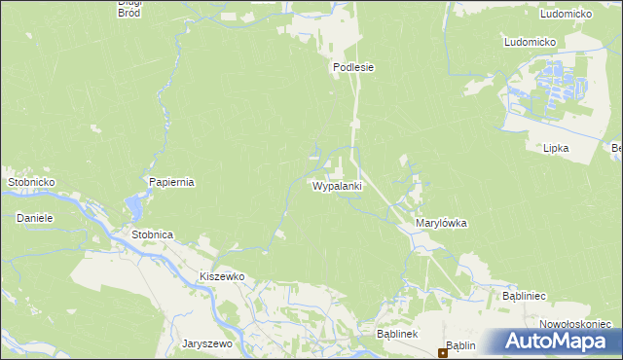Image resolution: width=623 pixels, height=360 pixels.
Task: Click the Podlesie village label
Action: pyautogui.click(x=353, y=67)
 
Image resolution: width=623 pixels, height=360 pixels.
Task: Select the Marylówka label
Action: pyautogui.click(x=441, y=223)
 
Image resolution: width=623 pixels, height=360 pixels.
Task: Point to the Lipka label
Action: pyautogui.click(x=556, y=148)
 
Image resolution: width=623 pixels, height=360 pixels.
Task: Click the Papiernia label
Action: pyautogui.click(x=172, y=182)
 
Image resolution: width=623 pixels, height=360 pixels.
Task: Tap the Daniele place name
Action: pyautogui.click(x=34, y=218)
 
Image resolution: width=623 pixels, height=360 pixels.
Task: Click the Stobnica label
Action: pyautogui.click(x=152, y=234)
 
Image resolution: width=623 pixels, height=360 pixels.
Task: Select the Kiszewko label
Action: pyautogui.click(x=221, y=276)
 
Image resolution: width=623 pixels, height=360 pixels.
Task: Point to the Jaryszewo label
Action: pyautogui.click(x=206, y=343)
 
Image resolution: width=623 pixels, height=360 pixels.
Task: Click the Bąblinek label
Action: pyautogui.click(x=396, y=334)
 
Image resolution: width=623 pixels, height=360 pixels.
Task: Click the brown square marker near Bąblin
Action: pyautogui.click(x=442, y=352)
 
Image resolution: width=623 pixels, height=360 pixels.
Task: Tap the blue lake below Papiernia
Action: pyautogui.click(x=134, y=207)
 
